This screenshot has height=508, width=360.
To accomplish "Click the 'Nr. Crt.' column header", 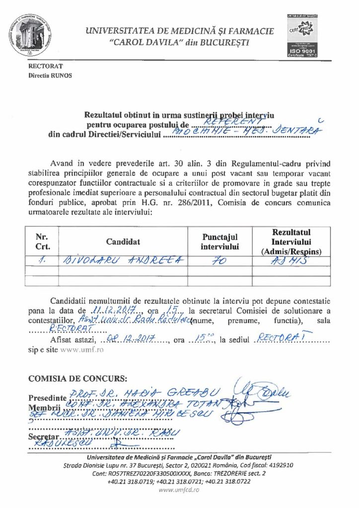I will click(41, 242).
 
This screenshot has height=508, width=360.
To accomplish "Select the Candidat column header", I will click(123, 242).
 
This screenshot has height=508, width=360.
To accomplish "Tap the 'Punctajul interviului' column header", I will click(220, 242).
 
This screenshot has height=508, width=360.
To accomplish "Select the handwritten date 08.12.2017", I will click(129, 340).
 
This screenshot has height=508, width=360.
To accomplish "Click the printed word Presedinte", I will click(47, 398).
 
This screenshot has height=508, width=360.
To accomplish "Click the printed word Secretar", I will click(45, 437).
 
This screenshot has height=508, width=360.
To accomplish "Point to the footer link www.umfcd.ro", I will click(179, 489).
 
